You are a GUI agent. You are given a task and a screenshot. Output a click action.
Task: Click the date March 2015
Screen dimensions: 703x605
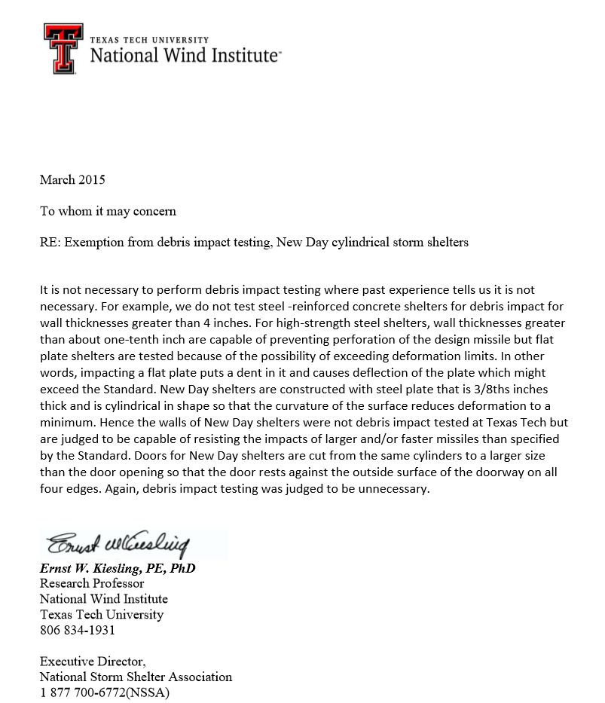coord(72,180)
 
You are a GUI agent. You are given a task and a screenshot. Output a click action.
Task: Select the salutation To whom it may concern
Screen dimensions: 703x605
coord(108,211)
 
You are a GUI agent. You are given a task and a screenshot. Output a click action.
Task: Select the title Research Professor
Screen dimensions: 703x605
coord(92,583)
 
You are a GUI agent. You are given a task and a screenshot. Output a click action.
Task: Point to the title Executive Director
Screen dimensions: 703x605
coord(87,661)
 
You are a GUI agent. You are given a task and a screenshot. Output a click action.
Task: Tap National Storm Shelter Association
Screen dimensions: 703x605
coord(136,677)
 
